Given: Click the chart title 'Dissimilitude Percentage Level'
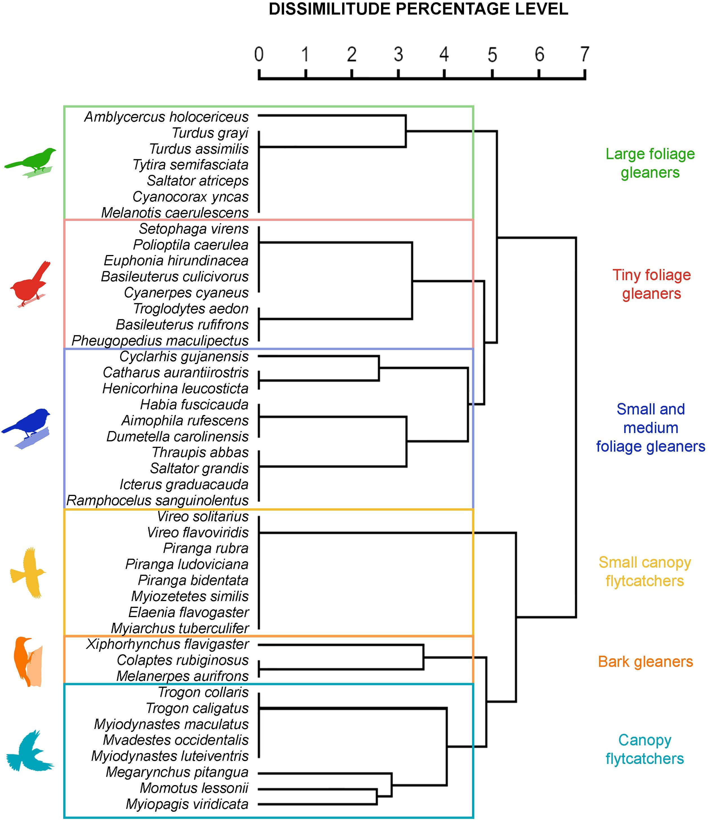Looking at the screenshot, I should click(x=418, y=9).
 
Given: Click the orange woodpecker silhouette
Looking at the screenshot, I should click(x=28, y=661).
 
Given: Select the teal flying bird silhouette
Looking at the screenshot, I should click(x=29, y=750).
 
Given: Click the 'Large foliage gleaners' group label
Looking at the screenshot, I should click(x=650, y=163).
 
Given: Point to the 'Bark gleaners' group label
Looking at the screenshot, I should click(x=645, y=661).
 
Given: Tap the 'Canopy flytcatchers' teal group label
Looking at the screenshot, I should click(x=644, y=749).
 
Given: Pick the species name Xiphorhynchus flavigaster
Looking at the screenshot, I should click(x=168, y=644).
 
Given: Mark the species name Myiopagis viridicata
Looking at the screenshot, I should click(x=187, y=804).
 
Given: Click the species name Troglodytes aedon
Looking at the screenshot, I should click(x=191, y=308).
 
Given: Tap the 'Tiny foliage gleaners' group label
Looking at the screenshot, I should click(x=651, y=284).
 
